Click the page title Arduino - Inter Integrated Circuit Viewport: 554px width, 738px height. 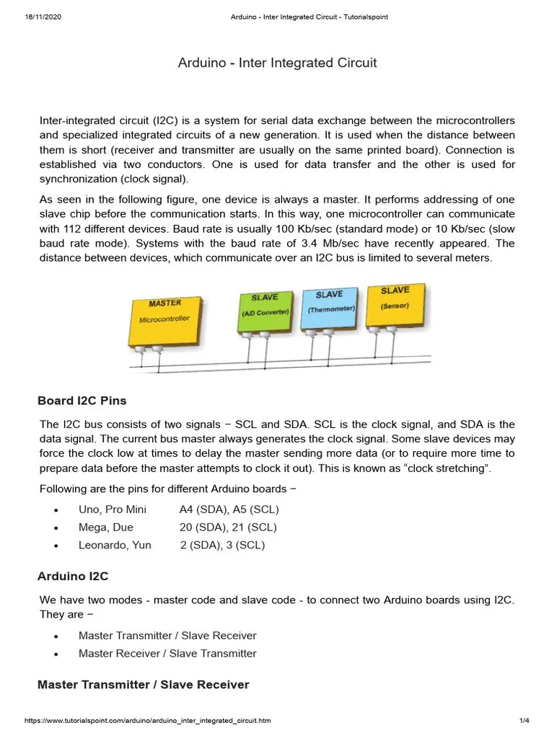(277, 63)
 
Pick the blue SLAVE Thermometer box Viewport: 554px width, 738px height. (330, 307)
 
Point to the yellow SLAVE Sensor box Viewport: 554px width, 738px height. (395, 303)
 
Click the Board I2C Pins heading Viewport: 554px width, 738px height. (82, 401)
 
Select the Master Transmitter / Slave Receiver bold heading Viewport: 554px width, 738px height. (143, 685)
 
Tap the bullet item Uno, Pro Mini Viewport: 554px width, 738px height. (112, 510)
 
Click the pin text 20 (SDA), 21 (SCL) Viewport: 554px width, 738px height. (228, 528)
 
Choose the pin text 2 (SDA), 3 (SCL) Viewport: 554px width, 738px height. (222, 545)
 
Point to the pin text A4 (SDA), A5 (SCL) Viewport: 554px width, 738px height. (229, 510)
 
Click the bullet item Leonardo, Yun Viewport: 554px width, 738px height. (115, 545)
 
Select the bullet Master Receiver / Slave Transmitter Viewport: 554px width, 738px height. (167, 654)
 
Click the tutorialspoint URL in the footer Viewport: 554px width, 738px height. (148, 721)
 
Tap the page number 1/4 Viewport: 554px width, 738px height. (524, 721)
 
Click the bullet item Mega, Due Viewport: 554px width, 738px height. (105, 528)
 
